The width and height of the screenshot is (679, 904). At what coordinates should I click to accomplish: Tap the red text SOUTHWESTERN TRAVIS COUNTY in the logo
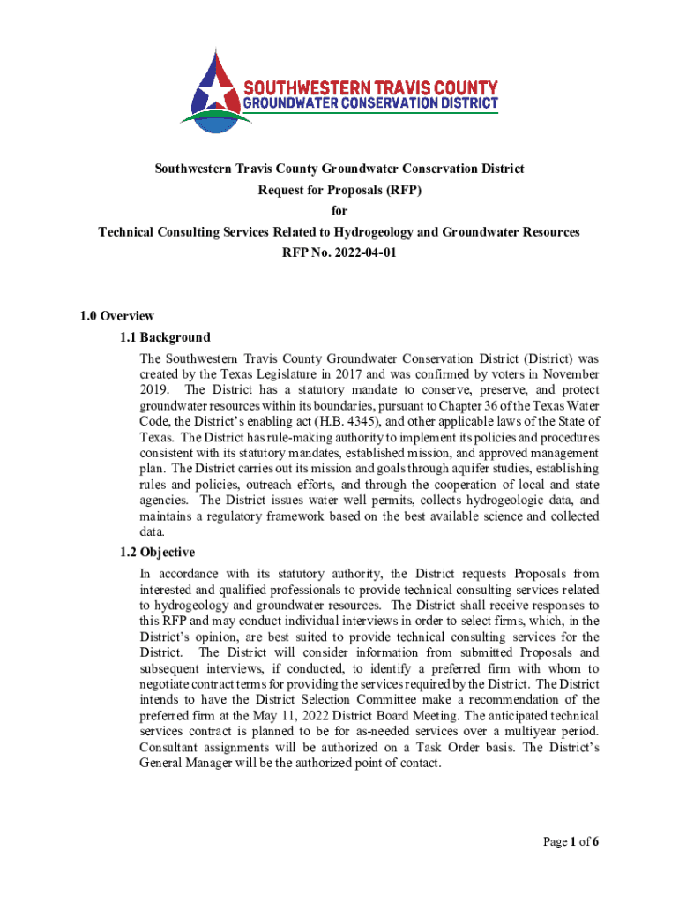click(x=370, y=88)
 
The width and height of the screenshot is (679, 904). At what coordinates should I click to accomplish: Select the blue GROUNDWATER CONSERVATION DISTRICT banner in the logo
click(x=370, y=103)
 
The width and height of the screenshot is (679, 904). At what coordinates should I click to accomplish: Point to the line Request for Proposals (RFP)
click(x=339, y=190)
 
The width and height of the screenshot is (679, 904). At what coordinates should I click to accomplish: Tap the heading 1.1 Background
click(x=166, y=337)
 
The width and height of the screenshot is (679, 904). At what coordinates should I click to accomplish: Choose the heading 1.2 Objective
click(x=158, y=553)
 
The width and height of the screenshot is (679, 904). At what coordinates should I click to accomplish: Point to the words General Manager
click(x=186, y=764)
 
